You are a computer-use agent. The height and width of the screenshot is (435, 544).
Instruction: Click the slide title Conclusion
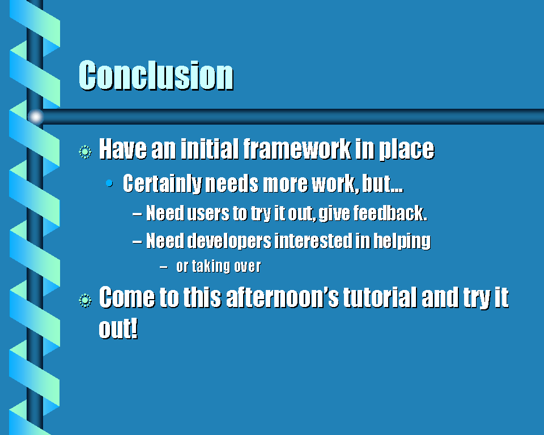156,75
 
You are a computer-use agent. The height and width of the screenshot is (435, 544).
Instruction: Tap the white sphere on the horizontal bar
35,117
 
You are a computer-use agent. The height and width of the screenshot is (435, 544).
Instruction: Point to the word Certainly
163,184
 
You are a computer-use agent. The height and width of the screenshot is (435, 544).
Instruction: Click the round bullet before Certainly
109,183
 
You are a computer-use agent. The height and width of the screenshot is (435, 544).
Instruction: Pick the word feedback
390,212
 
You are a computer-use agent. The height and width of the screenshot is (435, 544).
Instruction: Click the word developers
229,241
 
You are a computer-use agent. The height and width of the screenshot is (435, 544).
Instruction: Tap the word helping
402,241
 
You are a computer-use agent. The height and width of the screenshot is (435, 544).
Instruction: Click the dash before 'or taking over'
164,267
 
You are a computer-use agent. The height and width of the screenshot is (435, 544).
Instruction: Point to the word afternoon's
282,297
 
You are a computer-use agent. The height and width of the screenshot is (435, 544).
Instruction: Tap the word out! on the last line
118,328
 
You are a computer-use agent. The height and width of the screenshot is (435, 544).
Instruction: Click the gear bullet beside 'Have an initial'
85,152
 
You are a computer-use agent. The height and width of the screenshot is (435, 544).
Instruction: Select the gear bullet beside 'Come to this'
85,300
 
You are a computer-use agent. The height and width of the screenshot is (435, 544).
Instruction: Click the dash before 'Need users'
137,214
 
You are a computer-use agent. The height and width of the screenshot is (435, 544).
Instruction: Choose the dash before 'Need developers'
137,242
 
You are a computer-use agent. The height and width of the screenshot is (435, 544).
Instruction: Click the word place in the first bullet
406,150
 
